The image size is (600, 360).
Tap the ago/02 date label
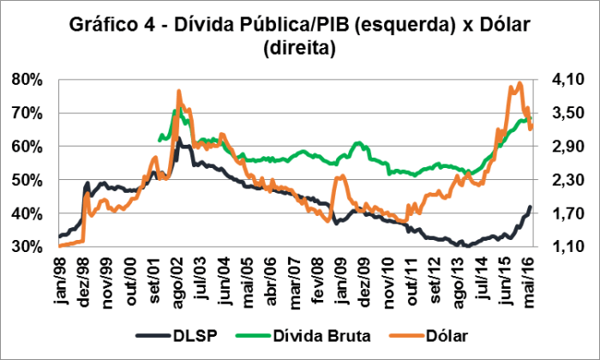(177, 276)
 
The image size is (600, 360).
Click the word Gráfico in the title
(105, 27)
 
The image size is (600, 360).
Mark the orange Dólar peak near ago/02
(178, 90)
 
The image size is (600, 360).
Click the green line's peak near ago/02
(174, 111)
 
